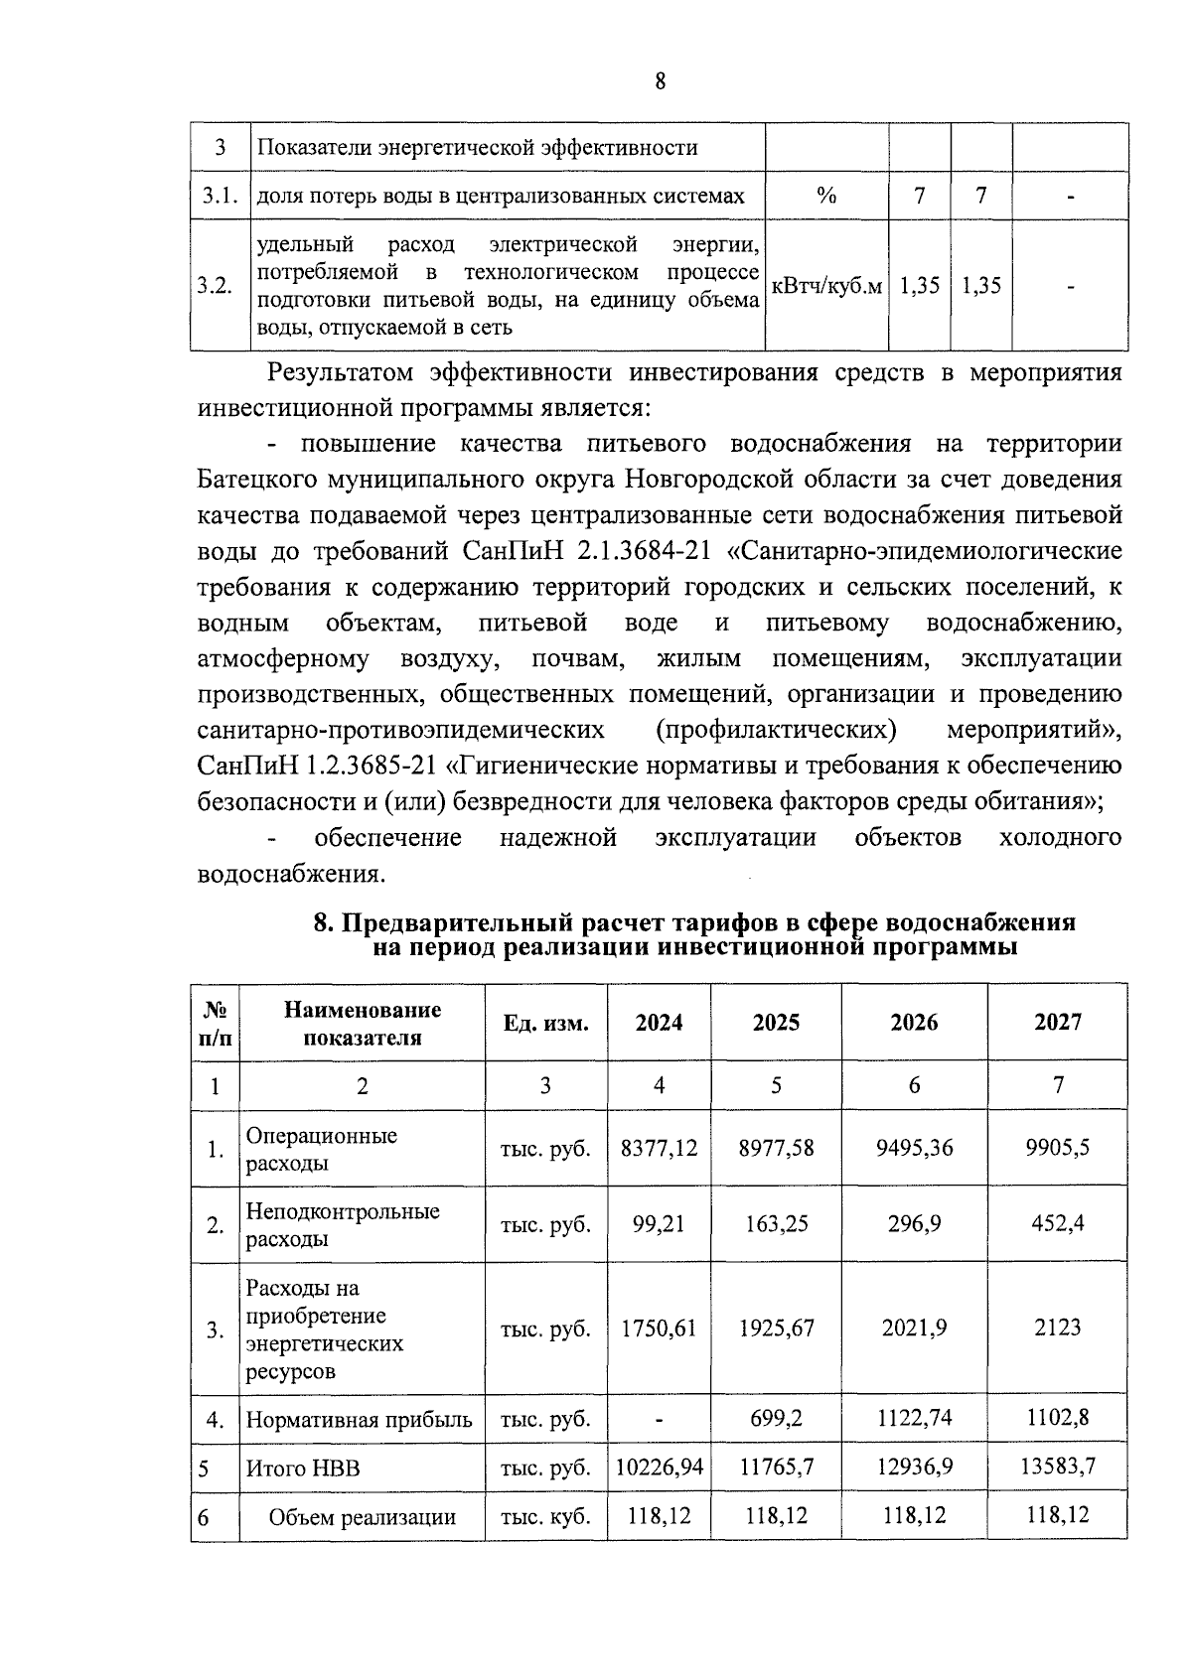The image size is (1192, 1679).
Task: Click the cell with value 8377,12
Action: pos(659,1148)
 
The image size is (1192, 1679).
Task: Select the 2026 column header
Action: pos(914,1023)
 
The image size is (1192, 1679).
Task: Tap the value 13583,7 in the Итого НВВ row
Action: pos(1057,1467)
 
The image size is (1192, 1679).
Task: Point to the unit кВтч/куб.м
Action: pos(826,286)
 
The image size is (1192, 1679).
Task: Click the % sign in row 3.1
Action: pos(825,197)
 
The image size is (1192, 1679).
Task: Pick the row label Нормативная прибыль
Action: pos(359,1419)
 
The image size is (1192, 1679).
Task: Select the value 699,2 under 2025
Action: pos(776,1419)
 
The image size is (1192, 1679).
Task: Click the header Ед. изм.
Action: pos(545,1024)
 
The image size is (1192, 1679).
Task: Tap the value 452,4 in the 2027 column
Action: pos(1057,1223)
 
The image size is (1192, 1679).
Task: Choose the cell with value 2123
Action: pos(1057,1328)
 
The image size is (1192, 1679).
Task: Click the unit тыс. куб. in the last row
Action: pos(545,1517)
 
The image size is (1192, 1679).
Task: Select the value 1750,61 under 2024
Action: pos(659,1328)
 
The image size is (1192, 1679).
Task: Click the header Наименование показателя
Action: pos(362,1024)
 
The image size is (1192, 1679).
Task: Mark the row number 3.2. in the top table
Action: pos(215,286)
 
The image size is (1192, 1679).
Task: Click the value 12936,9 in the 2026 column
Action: pos(914,1467)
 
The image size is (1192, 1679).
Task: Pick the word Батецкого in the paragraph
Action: pos(260,481)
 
